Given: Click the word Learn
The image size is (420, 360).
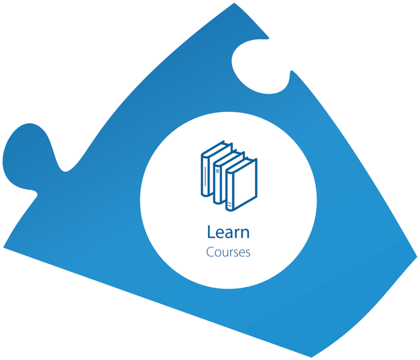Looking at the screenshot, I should (x=228, y=232).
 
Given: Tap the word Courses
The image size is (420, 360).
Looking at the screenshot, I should (x=228, y=252).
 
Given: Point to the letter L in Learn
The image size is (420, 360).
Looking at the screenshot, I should (x=211, y=232).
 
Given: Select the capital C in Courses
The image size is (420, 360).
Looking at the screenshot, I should (x=210, y=252).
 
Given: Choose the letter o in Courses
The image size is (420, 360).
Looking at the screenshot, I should (x=217, y=253).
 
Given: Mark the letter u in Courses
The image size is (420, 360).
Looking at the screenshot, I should (x=223, y=253).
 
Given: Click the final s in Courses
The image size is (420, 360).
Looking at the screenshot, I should (x=247, y=253).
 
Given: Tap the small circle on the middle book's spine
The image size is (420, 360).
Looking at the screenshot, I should (x=218, y=171).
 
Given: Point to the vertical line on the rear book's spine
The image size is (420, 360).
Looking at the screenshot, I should (x=206, y=175).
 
